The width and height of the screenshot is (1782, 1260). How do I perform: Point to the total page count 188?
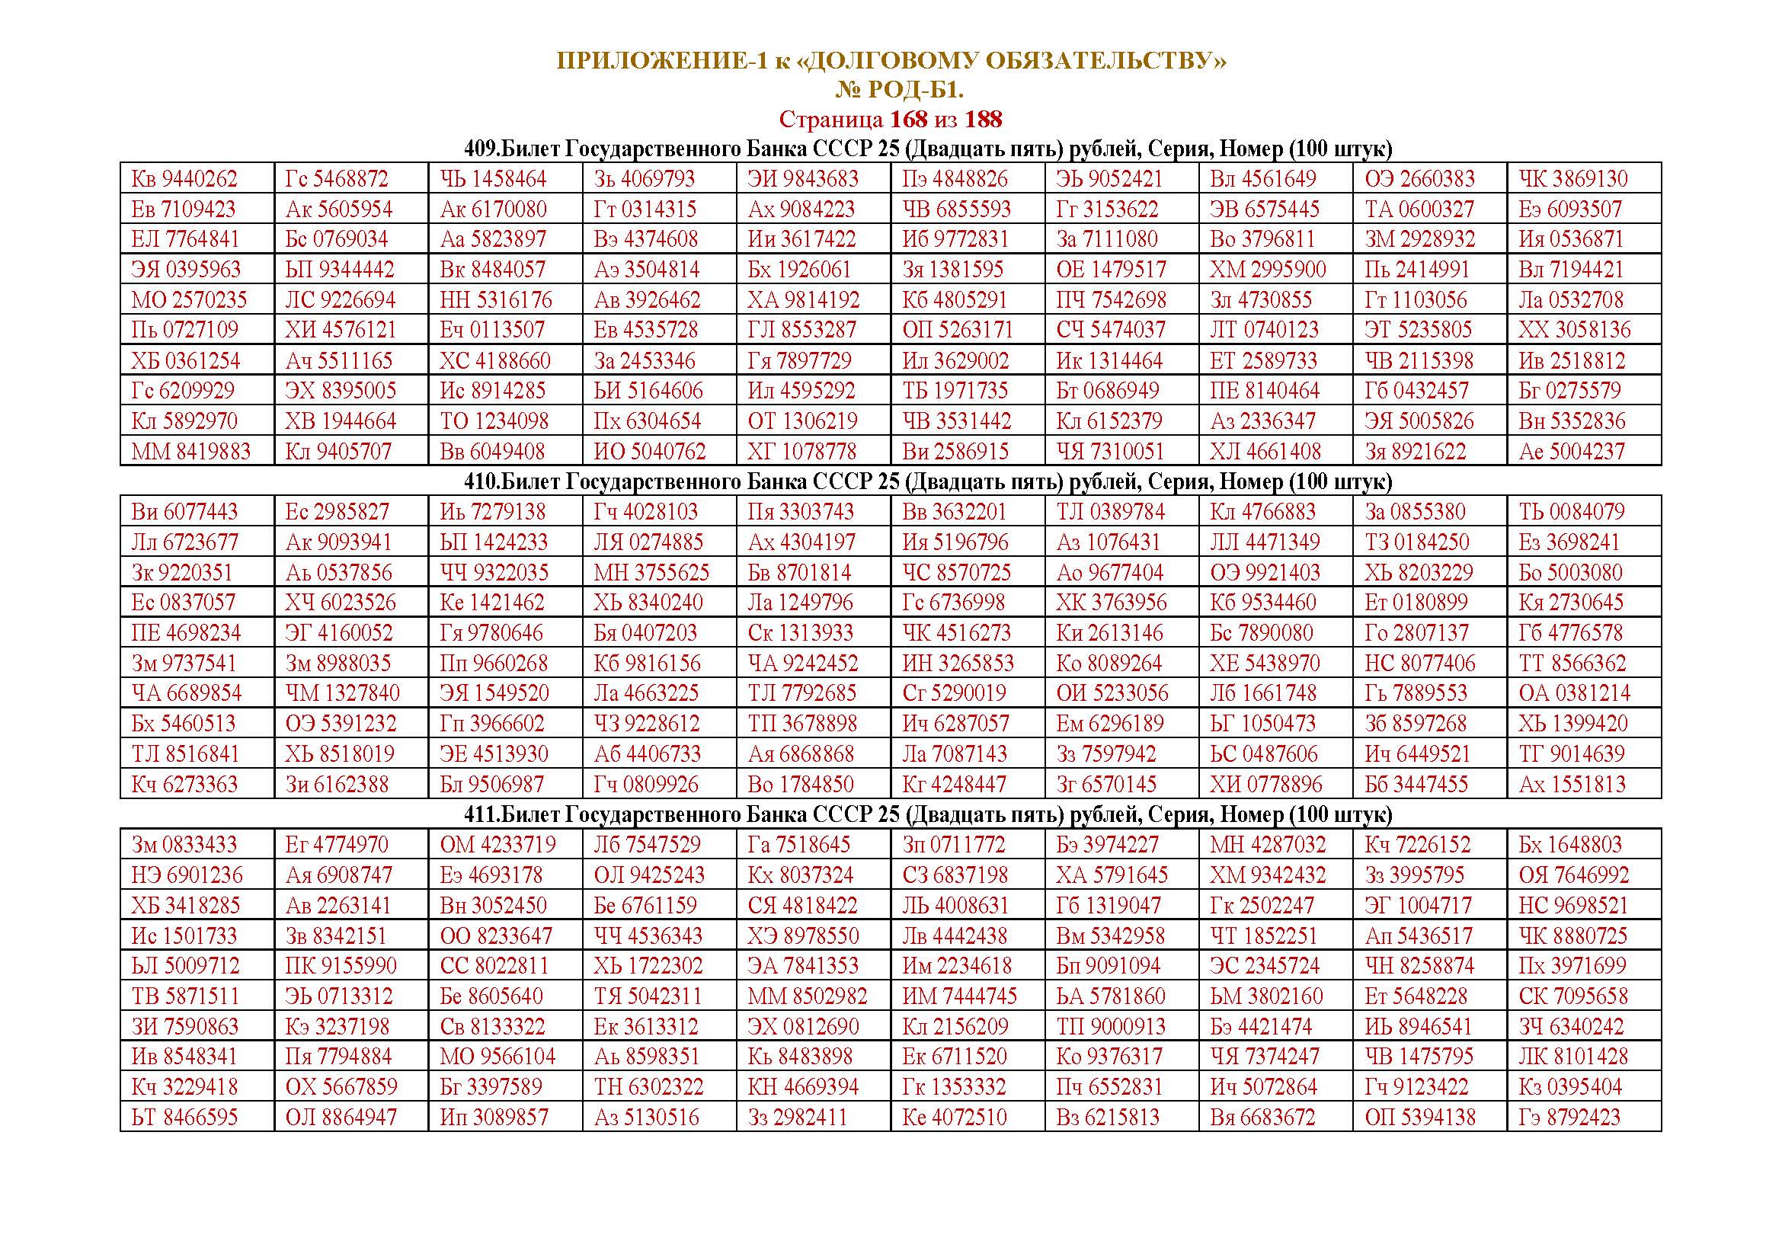(x=983, y=120)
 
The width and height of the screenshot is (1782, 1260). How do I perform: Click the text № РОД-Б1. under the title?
(x=899, y=91)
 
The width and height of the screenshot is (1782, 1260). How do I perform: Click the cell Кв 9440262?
(x=184, y=179)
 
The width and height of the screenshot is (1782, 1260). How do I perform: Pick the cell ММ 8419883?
(x=191, y=452)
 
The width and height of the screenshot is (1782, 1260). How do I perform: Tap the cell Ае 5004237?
(x=1571, y=452)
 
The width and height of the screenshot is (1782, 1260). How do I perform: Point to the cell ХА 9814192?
(x=803, y=300)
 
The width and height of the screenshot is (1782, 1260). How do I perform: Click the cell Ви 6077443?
(x=184, y=512)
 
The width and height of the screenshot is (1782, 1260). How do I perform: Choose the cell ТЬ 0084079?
(x=1571, y=512)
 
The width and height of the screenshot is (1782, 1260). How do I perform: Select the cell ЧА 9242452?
(x=803, y=664)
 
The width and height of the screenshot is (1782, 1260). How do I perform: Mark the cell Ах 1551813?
(x=1571, y=785)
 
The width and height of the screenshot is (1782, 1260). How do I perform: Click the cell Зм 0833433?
(x=184, y=845)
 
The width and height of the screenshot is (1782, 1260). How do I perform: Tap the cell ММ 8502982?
(x=807, y=996)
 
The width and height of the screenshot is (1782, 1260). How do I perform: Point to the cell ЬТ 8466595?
(x=184, y=1118)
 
